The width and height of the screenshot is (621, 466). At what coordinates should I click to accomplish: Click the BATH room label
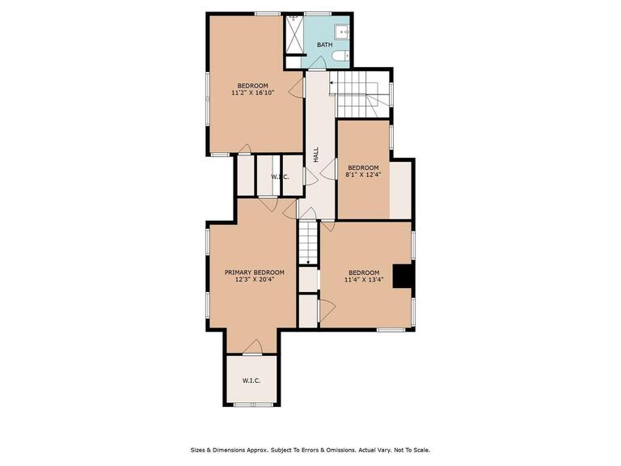324,44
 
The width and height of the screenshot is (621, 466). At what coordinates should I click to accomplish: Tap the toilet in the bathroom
340,57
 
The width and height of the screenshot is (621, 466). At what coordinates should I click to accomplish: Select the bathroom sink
341,32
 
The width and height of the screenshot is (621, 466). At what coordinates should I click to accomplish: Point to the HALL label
316,155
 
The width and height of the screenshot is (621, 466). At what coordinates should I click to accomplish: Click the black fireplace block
403,276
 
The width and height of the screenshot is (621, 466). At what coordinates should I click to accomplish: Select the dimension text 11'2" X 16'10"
252,93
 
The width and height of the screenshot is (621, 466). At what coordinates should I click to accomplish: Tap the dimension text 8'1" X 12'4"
363,174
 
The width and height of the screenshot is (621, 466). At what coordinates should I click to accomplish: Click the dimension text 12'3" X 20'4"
255,279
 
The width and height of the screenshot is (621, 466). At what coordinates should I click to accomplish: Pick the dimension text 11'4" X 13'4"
364,279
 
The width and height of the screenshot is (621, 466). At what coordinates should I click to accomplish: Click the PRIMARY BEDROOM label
255,272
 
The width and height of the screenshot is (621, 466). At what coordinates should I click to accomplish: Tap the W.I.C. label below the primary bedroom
251,381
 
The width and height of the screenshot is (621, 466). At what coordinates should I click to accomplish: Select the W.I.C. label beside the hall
280,176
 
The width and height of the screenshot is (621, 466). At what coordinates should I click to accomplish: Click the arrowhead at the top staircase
331,83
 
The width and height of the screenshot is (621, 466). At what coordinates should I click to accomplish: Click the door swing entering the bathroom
319,63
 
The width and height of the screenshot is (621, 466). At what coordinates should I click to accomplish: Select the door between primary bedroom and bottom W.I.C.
253,347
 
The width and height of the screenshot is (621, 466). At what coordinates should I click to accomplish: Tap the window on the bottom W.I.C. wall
253,405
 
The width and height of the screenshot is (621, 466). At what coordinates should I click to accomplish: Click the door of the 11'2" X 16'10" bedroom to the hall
297,87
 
